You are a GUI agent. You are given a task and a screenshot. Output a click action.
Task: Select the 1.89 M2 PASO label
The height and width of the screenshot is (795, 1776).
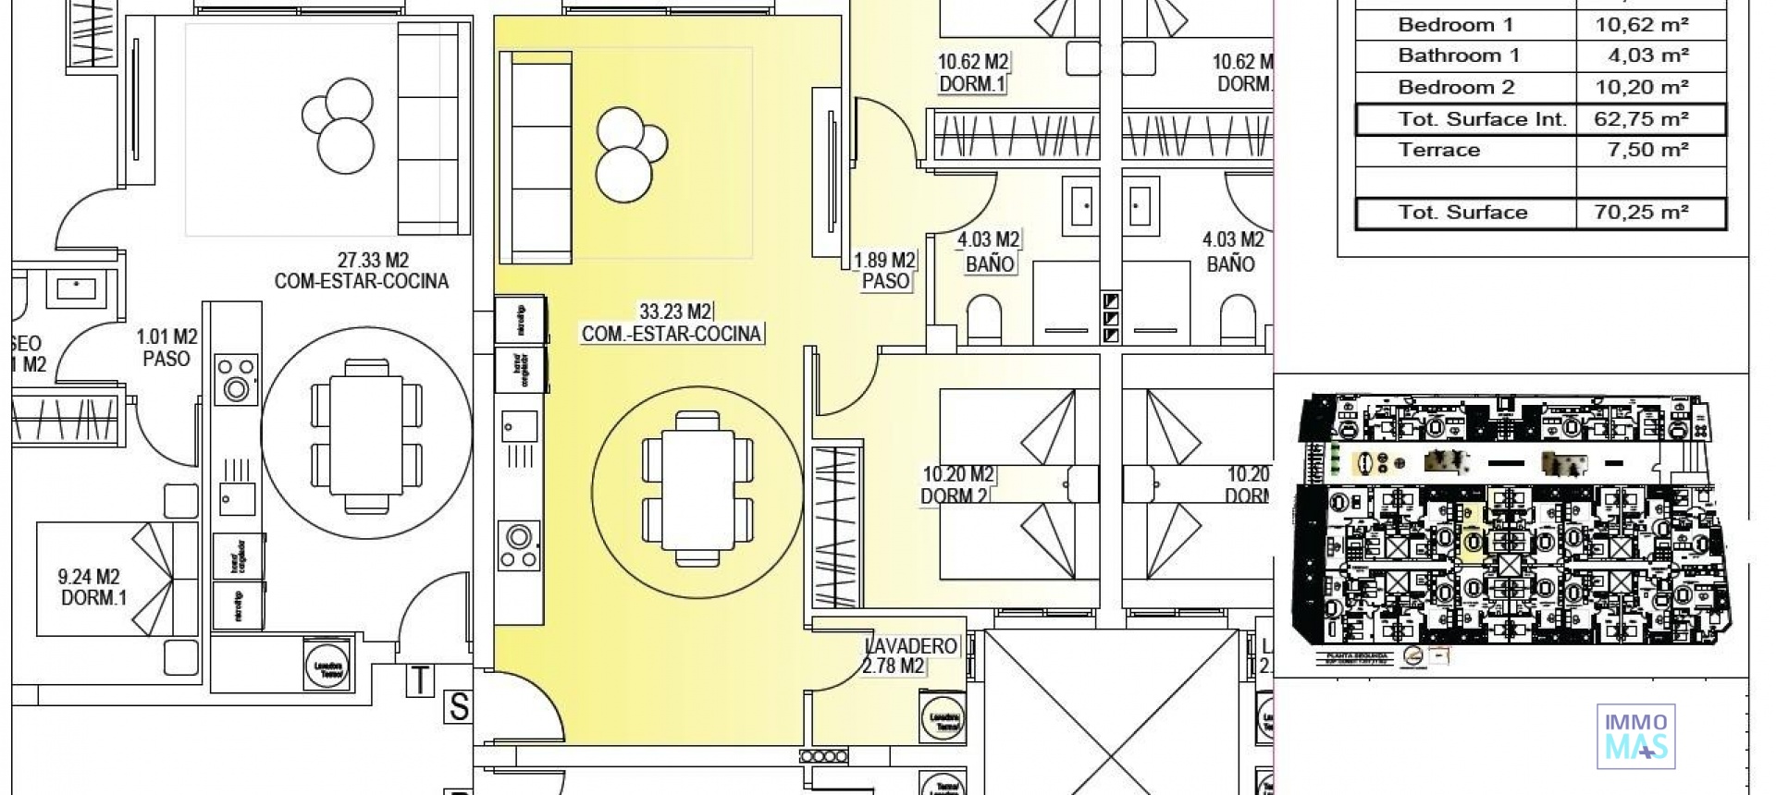click(884, 271)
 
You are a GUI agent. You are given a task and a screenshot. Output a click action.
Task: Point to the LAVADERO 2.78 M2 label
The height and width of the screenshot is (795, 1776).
click(910, 655)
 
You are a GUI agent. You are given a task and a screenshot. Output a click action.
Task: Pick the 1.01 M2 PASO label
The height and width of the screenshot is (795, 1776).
click(166, 348)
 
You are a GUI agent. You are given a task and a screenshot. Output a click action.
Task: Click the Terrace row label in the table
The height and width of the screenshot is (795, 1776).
click(1438, 150)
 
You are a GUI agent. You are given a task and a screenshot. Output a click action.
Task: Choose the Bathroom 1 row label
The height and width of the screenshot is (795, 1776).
click(1458, 55)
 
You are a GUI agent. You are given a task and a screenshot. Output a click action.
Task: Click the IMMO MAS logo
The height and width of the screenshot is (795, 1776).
click(1635, 736)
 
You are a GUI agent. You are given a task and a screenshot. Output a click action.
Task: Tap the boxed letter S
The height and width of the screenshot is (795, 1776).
click(458, 707)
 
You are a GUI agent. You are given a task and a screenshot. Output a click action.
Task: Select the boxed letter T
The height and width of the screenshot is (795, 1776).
click(420, 680)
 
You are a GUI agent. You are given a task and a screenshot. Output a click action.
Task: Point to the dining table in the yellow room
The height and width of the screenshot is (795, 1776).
click(697, 488)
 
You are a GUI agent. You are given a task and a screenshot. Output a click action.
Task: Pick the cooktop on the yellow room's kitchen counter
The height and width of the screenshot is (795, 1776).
click(518, 545)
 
